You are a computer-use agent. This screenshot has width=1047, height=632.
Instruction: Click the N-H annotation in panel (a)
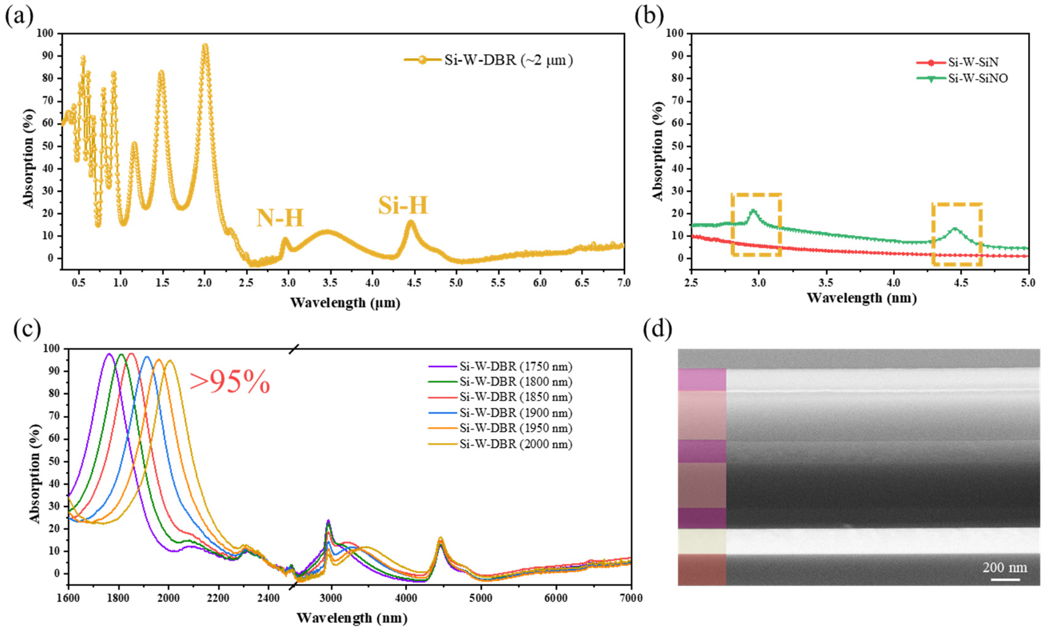tap(280, 218)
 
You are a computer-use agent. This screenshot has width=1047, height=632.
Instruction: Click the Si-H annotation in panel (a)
tap(402, 206)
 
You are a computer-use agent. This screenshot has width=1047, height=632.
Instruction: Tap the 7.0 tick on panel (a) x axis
tap(623, 283)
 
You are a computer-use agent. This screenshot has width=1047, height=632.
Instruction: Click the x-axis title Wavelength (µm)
tap(345, 303)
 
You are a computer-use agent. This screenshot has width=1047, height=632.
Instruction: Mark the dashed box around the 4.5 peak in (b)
tap(957, 234)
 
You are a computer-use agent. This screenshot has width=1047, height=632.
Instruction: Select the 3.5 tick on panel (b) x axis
tap(826, 283)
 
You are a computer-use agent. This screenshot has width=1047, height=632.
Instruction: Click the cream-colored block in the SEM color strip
tap(702, 541)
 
